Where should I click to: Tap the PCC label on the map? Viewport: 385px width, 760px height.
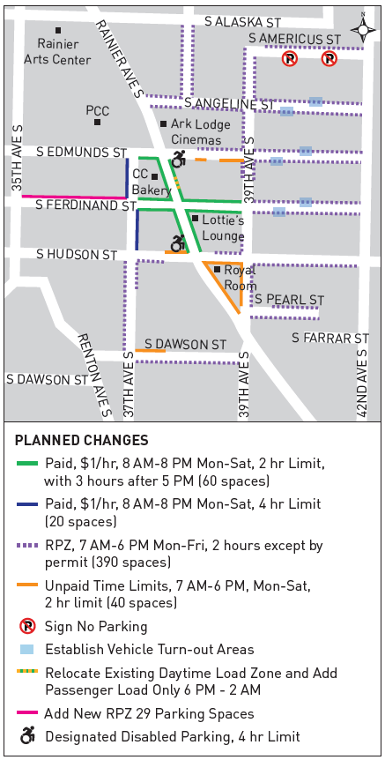(x=97, y=111)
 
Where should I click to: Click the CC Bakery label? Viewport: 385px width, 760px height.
(x=145, y=183)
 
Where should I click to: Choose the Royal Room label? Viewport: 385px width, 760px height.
(x=240, y=277)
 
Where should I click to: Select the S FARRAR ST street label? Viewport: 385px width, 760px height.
(x=330, y=339)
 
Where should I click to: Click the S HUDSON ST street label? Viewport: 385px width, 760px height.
(x=77, y=254)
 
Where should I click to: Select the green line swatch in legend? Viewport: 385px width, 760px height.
(x=26, y=464)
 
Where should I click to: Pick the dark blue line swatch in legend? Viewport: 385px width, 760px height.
(x=26, y=505)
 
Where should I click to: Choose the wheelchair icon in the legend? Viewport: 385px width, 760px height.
(x=26, y=735)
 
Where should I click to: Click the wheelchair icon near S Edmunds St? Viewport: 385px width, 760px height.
(x=179, y=159)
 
